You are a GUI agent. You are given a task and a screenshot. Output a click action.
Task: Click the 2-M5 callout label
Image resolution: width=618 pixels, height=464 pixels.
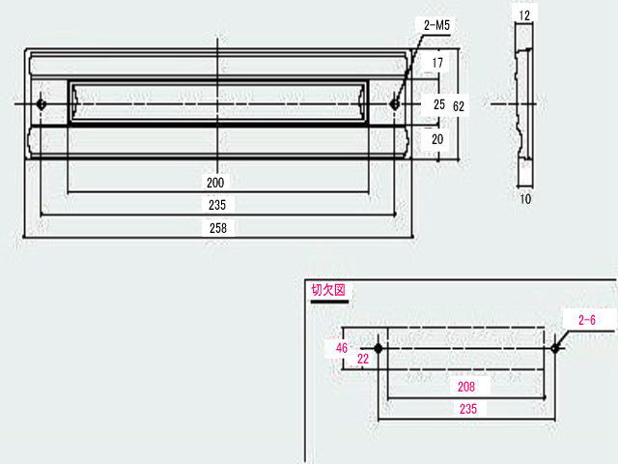click(x=436, y=26)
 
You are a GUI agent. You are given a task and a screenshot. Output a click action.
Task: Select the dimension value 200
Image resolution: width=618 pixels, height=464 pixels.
click(x=215, y=183)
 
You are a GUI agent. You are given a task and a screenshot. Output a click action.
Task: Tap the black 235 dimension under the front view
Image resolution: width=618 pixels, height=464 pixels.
click(x=217, y=205)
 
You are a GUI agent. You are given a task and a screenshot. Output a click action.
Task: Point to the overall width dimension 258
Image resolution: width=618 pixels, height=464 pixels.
click(x=218, y=228)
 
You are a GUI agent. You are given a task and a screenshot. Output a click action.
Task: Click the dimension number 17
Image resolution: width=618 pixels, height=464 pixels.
click(x=437, y=63)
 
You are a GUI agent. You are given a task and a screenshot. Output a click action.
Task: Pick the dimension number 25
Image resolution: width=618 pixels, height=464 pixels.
click(x=439, y=104)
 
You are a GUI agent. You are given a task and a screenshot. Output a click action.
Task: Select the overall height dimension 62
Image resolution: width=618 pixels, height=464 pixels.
click(x=459, y=106)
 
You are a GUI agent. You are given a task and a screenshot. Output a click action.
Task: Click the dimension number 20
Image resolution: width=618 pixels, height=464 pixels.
click(x=437, y=139)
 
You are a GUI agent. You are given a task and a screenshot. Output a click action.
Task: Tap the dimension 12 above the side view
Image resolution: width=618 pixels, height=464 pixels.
click(x=524, y=15)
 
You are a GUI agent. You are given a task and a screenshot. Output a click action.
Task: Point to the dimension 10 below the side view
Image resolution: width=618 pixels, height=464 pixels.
click(x=525, y=198)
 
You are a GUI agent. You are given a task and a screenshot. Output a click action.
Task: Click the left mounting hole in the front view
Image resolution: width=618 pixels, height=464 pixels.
click(x=41, y=104)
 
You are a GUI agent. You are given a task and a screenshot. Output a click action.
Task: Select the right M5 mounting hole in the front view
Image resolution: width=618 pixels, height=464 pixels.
click(x=394, y=104)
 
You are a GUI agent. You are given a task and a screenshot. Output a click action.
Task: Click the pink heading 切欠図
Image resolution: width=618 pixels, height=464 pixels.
click(x=328, y=290)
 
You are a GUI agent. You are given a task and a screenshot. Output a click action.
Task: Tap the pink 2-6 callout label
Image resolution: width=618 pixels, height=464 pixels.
click(x=586, y=320)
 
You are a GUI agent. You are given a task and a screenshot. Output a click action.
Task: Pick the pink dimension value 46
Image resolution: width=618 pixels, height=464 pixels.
click(x=342, y=348)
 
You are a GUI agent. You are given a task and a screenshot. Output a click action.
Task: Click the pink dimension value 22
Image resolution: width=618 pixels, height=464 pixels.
click(x=363, y=359)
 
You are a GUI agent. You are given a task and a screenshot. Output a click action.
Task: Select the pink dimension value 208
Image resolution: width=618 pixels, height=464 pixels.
click(x=465, y=387)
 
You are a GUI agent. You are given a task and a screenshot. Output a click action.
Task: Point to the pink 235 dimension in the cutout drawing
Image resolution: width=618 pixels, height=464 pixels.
click(x=468, y=409)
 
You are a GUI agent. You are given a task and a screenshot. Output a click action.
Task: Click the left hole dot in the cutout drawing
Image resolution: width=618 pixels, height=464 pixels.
click(x=379, y=348)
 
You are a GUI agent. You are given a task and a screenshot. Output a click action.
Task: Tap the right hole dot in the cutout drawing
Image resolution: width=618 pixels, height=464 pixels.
click(x=555, y=348)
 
